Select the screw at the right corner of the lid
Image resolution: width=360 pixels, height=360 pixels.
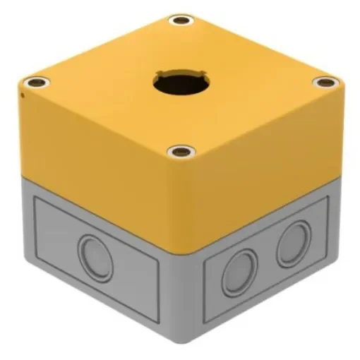tap(325, 83)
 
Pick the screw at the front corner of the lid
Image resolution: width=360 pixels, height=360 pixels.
tap(183, 151)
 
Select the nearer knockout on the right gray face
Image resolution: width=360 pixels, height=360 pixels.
tap(239, 272)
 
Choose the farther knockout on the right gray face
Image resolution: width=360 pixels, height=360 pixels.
tap(293, 244)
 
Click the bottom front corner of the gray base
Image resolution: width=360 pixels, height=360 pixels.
tap(185, 340)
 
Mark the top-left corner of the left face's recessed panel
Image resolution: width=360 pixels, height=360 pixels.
tap(35, 198)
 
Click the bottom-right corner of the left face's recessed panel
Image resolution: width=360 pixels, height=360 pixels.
tap(159, 321)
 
